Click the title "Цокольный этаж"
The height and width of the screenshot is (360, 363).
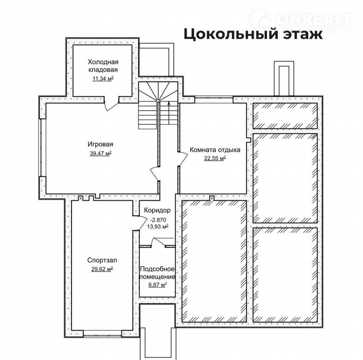tap(253, 34)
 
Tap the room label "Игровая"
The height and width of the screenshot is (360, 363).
tap(100, 144)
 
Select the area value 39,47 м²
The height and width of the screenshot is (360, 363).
tap(101, 153)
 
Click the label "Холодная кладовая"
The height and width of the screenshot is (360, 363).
tap(103, 66)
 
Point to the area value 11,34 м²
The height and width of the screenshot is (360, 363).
tap(103, 78)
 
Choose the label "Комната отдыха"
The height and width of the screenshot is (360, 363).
tap(215, 150)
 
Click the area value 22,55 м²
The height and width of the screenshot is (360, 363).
tap(215, 158)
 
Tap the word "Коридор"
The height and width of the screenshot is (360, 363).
tap(157, 210)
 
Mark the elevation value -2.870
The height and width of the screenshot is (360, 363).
tap(158, 220)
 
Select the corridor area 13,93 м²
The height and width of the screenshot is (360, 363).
tap(158, 226)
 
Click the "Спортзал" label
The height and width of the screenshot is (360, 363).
tap(102, 260)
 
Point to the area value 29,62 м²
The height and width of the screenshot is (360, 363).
tap(102, 269)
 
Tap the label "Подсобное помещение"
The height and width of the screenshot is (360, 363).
tap(157, 273)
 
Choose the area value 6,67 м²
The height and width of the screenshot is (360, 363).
tap(158, 284)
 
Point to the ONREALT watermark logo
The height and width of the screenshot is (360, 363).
tap(301, 20)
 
